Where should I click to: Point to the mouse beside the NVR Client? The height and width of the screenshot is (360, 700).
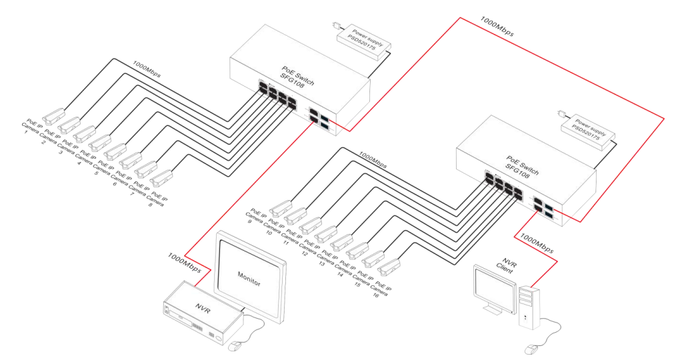point(531,349)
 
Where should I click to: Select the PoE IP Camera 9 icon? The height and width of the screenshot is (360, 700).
point(281,207)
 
